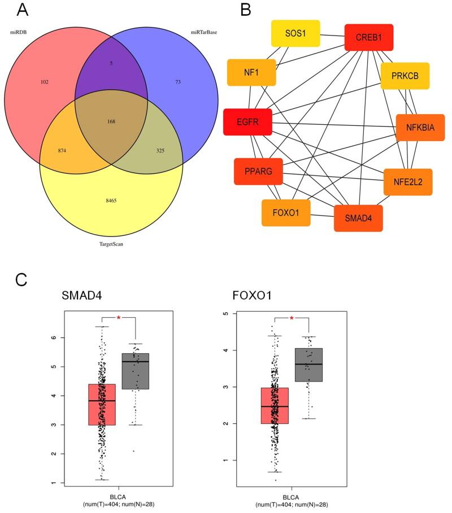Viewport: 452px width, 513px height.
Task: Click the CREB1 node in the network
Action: [368, 37]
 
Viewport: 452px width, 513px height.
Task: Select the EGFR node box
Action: [247, 122]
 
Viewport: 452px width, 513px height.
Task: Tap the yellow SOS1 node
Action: [295, 33]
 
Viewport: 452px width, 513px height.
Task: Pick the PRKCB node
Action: [405, 76]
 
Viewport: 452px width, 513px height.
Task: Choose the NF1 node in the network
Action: [251, 72]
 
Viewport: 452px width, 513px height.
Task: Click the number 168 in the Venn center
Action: [111, 122]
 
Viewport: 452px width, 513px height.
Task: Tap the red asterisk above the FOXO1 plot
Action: [292, 319]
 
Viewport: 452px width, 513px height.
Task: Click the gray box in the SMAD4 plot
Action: [135, 371]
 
